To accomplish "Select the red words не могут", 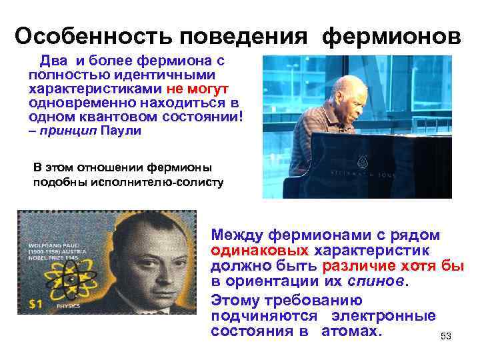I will coord(200,89).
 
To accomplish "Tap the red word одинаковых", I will coord(261,251).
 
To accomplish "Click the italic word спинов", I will coord(378,281).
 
